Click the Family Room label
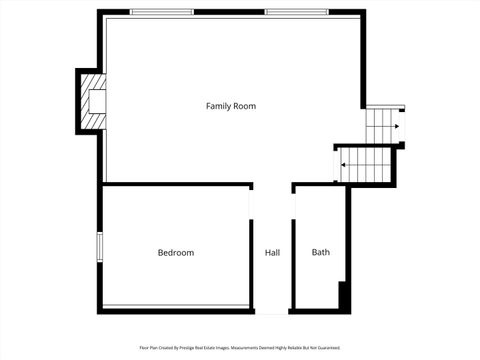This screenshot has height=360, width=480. [x=231, y=106]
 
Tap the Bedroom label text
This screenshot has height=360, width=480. [x=176, y=253]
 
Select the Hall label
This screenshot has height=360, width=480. [x=272, y=253]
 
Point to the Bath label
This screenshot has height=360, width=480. [x=320, y=253]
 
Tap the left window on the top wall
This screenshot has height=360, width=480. [x=163, y=12]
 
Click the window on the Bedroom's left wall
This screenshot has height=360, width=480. [x=99, y=247]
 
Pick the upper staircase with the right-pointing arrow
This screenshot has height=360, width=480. [x=382, y=127]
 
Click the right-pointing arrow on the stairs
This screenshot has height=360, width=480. [x=397, y=127]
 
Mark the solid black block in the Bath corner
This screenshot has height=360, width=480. [x=344, y=296]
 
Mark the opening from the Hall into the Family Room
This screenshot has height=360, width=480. [x=272, y=185]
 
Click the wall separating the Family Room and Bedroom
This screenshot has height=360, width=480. [x=176, y=184]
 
